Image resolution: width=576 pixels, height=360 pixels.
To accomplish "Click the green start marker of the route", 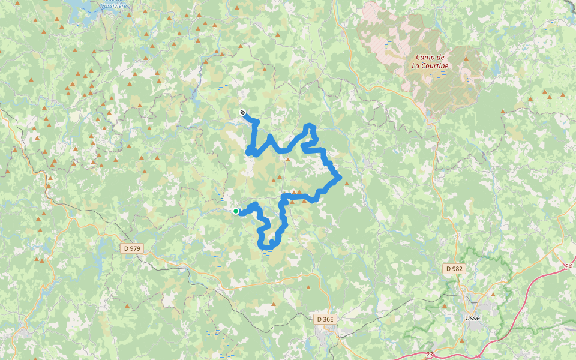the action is point(236,211).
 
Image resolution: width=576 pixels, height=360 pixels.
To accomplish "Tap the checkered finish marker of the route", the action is point(242,113).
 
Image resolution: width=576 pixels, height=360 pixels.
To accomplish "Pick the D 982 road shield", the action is point(454,269).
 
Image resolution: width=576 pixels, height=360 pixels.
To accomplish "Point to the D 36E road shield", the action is point(325,319).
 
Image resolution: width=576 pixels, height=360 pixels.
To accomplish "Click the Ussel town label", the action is point(474,318).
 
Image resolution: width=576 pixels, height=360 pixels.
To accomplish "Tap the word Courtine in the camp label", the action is point(431,65).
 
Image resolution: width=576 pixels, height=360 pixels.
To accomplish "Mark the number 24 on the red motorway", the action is point(569,266).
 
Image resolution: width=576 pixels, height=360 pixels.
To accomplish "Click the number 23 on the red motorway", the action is point(430,355).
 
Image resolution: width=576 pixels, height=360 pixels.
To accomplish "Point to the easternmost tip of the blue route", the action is point(340,177).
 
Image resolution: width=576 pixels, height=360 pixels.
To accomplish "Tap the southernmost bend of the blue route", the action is point(268,245).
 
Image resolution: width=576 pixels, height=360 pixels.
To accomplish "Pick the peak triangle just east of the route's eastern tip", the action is point(346,184).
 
